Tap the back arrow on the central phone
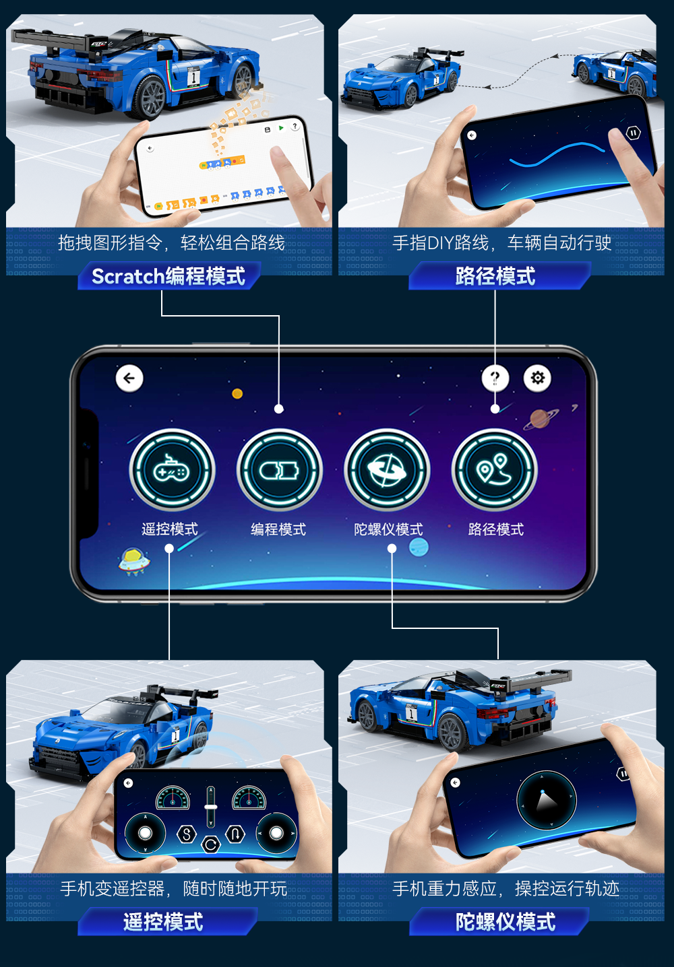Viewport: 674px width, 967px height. click(129, 378)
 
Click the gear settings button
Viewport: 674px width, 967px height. click(537, 378)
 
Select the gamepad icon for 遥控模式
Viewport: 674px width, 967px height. click(172, 470)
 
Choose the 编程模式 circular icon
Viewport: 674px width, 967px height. click(279, 470)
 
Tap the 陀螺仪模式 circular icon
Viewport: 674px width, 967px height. click(387, 470)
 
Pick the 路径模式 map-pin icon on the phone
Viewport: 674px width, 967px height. click(494, 470)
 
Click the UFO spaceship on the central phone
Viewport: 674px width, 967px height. click(134, 561)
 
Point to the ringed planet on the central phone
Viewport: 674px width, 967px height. click(540, 419)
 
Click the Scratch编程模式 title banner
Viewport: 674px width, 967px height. click(168, 276)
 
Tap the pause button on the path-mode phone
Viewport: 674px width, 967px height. click(633, 133)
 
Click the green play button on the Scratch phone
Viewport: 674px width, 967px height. click(281, 128)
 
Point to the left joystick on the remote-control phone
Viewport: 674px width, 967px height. click(145, 833)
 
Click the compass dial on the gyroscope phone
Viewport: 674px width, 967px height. click(547, 800)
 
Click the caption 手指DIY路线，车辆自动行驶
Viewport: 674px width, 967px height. click(501, 243)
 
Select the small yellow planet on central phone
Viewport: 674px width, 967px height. click(237, 394)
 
